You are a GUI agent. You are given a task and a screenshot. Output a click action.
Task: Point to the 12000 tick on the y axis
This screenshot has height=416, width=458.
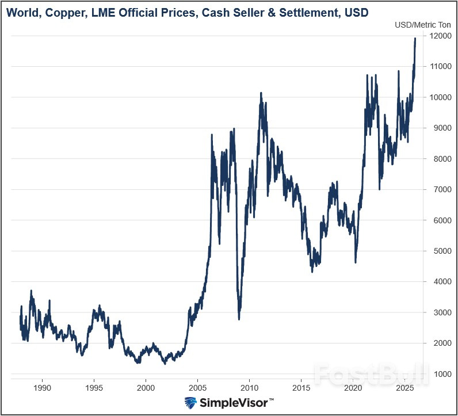click(440, 36)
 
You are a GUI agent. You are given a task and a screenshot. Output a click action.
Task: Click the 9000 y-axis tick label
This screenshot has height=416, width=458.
click(440, 128)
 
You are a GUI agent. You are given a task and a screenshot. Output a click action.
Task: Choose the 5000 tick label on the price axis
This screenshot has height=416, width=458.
click(440, 251)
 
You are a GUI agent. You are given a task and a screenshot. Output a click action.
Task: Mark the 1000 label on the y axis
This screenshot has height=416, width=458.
click(440, 375)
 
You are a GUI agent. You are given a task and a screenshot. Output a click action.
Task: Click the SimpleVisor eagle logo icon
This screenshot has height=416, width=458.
click(191, 402)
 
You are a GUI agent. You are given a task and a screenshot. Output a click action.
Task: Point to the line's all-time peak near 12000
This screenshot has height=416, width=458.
click(415, 39)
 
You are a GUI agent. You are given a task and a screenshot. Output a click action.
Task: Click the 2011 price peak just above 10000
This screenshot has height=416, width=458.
click(261, 93)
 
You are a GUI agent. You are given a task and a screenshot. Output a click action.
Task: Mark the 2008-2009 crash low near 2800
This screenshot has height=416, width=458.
click(239, 319)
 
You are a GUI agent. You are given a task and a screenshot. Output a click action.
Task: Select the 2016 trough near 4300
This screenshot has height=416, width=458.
click(312, 271)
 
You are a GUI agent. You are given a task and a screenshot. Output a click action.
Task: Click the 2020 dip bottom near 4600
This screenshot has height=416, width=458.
click(356, 262)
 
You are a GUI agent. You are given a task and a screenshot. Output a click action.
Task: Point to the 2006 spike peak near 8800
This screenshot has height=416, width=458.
click(212, 135)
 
